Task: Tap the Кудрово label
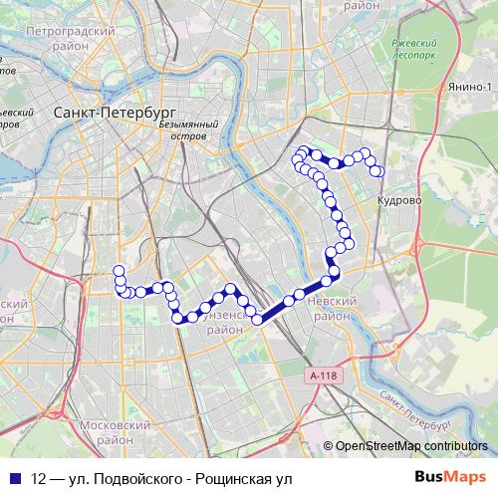coord(399,199)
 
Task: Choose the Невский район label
coord(333,307)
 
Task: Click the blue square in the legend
coord(14,478)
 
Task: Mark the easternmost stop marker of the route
coord(378,171)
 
